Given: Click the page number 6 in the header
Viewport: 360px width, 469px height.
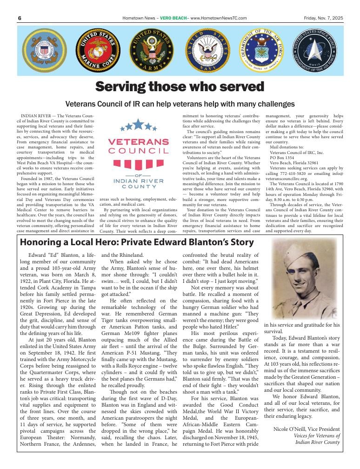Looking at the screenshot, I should [20, 18].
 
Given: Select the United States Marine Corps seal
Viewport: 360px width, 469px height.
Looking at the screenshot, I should [98, 50].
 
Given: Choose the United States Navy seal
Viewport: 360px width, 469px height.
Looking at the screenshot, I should [207, 50].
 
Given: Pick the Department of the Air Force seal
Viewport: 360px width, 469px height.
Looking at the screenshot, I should [263, 50].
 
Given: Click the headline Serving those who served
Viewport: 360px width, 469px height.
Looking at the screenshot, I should [180, 87].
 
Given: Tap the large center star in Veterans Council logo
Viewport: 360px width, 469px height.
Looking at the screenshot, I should [138, 124].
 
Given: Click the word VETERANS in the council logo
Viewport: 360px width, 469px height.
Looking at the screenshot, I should [138, 141].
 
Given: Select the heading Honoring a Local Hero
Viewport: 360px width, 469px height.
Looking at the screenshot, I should [137, 242].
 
